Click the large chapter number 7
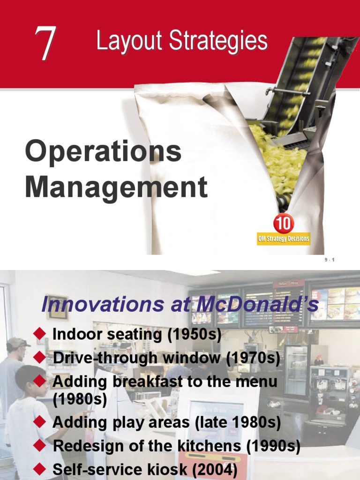click(x=45, y=43)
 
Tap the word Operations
click(x=103, y=152)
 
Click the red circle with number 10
click(x=283, y=224)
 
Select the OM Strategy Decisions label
click(x=284, y=239)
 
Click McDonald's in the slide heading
click(x=253, y=305)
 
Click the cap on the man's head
click(x=17, y=343)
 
